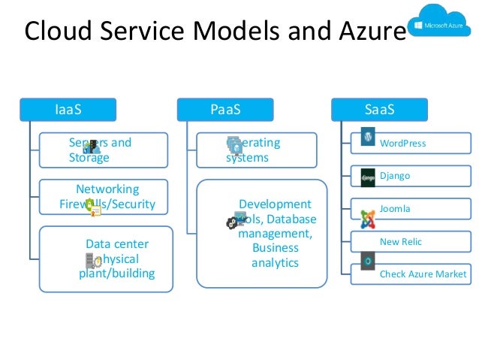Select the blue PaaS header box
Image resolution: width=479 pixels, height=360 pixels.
pos(225,110)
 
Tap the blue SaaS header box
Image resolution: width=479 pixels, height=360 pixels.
pos(379,110)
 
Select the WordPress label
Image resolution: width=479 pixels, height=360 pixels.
pos(402,144)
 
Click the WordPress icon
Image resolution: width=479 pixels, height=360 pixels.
pos(368,137)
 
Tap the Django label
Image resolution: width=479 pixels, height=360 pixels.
pos(395,176)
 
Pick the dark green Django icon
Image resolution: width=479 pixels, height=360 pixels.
pos(368,177)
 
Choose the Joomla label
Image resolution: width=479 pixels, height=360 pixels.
pos(395,209)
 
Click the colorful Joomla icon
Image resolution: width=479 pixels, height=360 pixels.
pos(368,219)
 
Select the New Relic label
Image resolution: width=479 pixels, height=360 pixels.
pos(400,241)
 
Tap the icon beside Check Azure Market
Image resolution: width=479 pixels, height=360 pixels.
pos(368,262)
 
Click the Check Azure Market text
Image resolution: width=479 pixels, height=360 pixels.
pos(423,274)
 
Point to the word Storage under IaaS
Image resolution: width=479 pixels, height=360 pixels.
pos(89,158)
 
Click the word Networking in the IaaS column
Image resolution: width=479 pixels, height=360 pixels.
pos(107,189)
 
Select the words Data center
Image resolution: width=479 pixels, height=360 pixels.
pos(117,244)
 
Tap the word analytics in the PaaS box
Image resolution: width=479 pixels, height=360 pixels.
pos(275,263)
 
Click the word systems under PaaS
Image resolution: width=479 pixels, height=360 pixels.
pos(247,158)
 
